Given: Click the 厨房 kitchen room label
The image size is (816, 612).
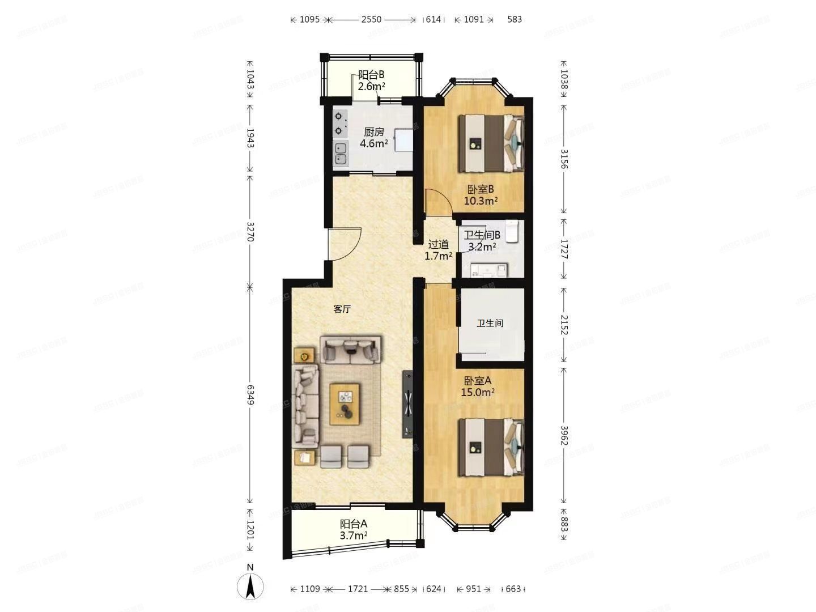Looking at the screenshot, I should [x=373, y=138].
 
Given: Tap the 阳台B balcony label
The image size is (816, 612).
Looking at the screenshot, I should [x=372, y=80].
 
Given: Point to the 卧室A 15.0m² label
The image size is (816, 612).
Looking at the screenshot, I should [x=479, y=386].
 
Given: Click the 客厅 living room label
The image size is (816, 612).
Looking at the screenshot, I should [x=342, y=309].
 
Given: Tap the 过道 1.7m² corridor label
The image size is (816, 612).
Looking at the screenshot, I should [x=438, y=250].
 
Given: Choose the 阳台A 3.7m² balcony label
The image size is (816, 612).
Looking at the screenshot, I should [x=354, y=529].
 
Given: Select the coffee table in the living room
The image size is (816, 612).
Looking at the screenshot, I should [x=345, y=403].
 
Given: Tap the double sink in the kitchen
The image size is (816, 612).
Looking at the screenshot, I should [x=340, y=154].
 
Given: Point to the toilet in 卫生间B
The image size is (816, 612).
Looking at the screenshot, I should [x=513, y=231].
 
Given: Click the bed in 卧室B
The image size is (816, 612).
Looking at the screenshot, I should [x=491, y=143].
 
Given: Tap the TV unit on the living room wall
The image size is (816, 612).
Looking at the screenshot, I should [x=408, y=404].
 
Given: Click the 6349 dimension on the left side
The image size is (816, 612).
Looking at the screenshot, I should [x=250, y=394].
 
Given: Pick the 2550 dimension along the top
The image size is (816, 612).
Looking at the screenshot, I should [x=371, y=19].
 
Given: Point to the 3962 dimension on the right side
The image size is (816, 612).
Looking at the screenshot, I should [x=563, y=435].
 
